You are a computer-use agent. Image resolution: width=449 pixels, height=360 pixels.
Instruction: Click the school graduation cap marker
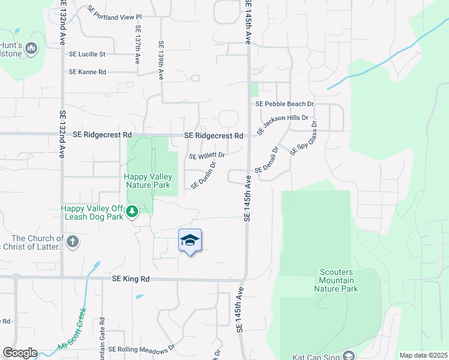click(x=190, y=241)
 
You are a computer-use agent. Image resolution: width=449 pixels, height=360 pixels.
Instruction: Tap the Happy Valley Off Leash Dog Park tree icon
click(x=132, y=211)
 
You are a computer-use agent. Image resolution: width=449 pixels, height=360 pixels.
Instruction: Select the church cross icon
click(x=72, y=242)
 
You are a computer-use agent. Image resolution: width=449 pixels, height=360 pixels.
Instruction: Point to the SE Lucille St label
click(x=87, y=54)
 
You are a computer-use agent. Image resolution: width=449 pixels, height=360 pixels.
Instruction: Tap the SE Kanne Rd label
click(x=88, y=72)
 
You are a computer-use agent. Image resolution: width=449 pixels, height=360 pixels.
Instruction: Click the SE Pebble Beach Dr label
click(x=285, y=104)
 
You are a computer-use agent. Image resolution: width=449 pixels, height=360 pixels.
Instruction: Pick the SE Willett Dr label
click(x=206, y=156)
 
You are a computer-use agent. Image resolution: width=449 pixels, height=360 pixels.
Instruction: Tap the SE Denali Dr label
click(x=267, y=160)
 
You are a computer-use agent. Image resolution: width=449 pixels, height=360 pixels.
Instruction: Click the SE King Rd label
click(x=130, y=279)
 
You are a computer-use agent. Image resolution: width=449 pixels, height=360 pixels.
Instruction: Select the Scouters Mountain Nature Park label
click(x=336, y=280)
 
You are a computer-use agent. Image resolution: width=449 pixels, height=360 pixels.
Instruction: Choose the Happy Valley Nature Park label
click(x=148, y=181)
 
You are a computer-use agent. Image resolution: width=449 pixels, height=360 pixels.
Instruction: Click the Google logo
click(x=19, y=353)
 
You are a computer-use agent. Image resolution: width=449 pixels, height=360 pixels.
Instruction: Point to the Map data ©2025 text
click(x=423, y=355)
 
